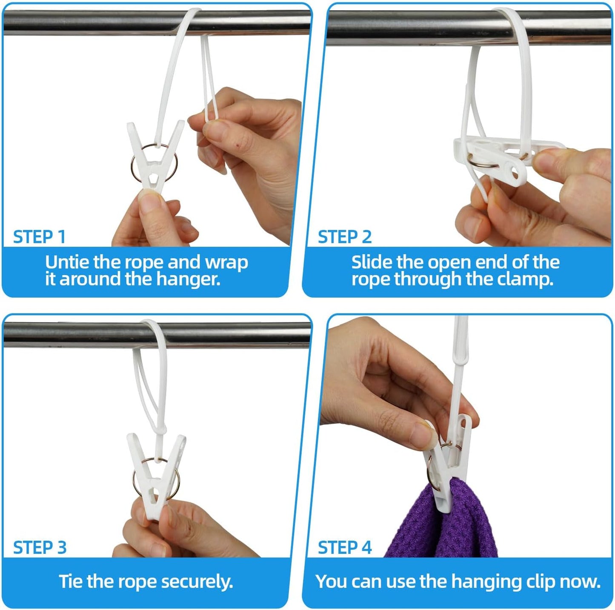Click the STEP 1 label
(x=39, y=237)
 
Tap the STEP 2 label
(x=345, y=237)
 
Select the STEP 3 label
(x=40, y=548)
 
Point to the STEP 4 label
(x=345, y=548)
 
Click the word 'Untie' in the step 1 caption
(x=67, y=262)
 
